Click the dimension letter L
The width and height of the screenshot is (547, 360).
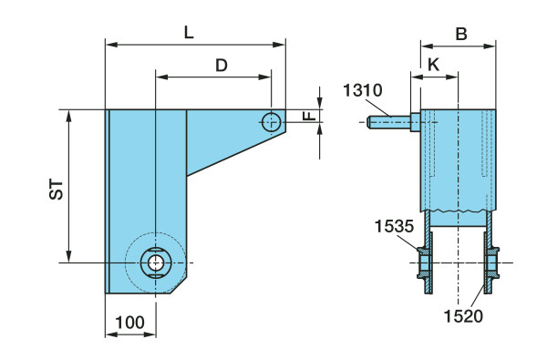click(189, 33)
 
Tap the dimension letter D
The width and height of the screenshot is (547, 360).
click(222, 66)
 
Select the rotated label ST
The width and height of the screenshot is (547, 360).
click(57, 190)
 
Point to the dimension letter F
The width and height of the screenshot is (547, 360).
click(309, 116)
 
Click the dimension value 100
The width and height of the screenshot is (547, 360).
click(129, 323)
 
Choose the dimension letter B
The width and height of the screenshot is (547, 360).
click(461, 35)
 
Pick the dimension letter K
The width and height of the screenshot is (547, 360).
click(433, 65)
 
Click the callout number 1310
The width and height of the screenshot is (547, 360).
click(363, 90)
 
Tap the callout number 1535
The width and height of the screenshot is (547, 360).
click(394, 226)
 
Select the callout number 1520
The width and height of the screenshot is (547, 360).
click(463, 316)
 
